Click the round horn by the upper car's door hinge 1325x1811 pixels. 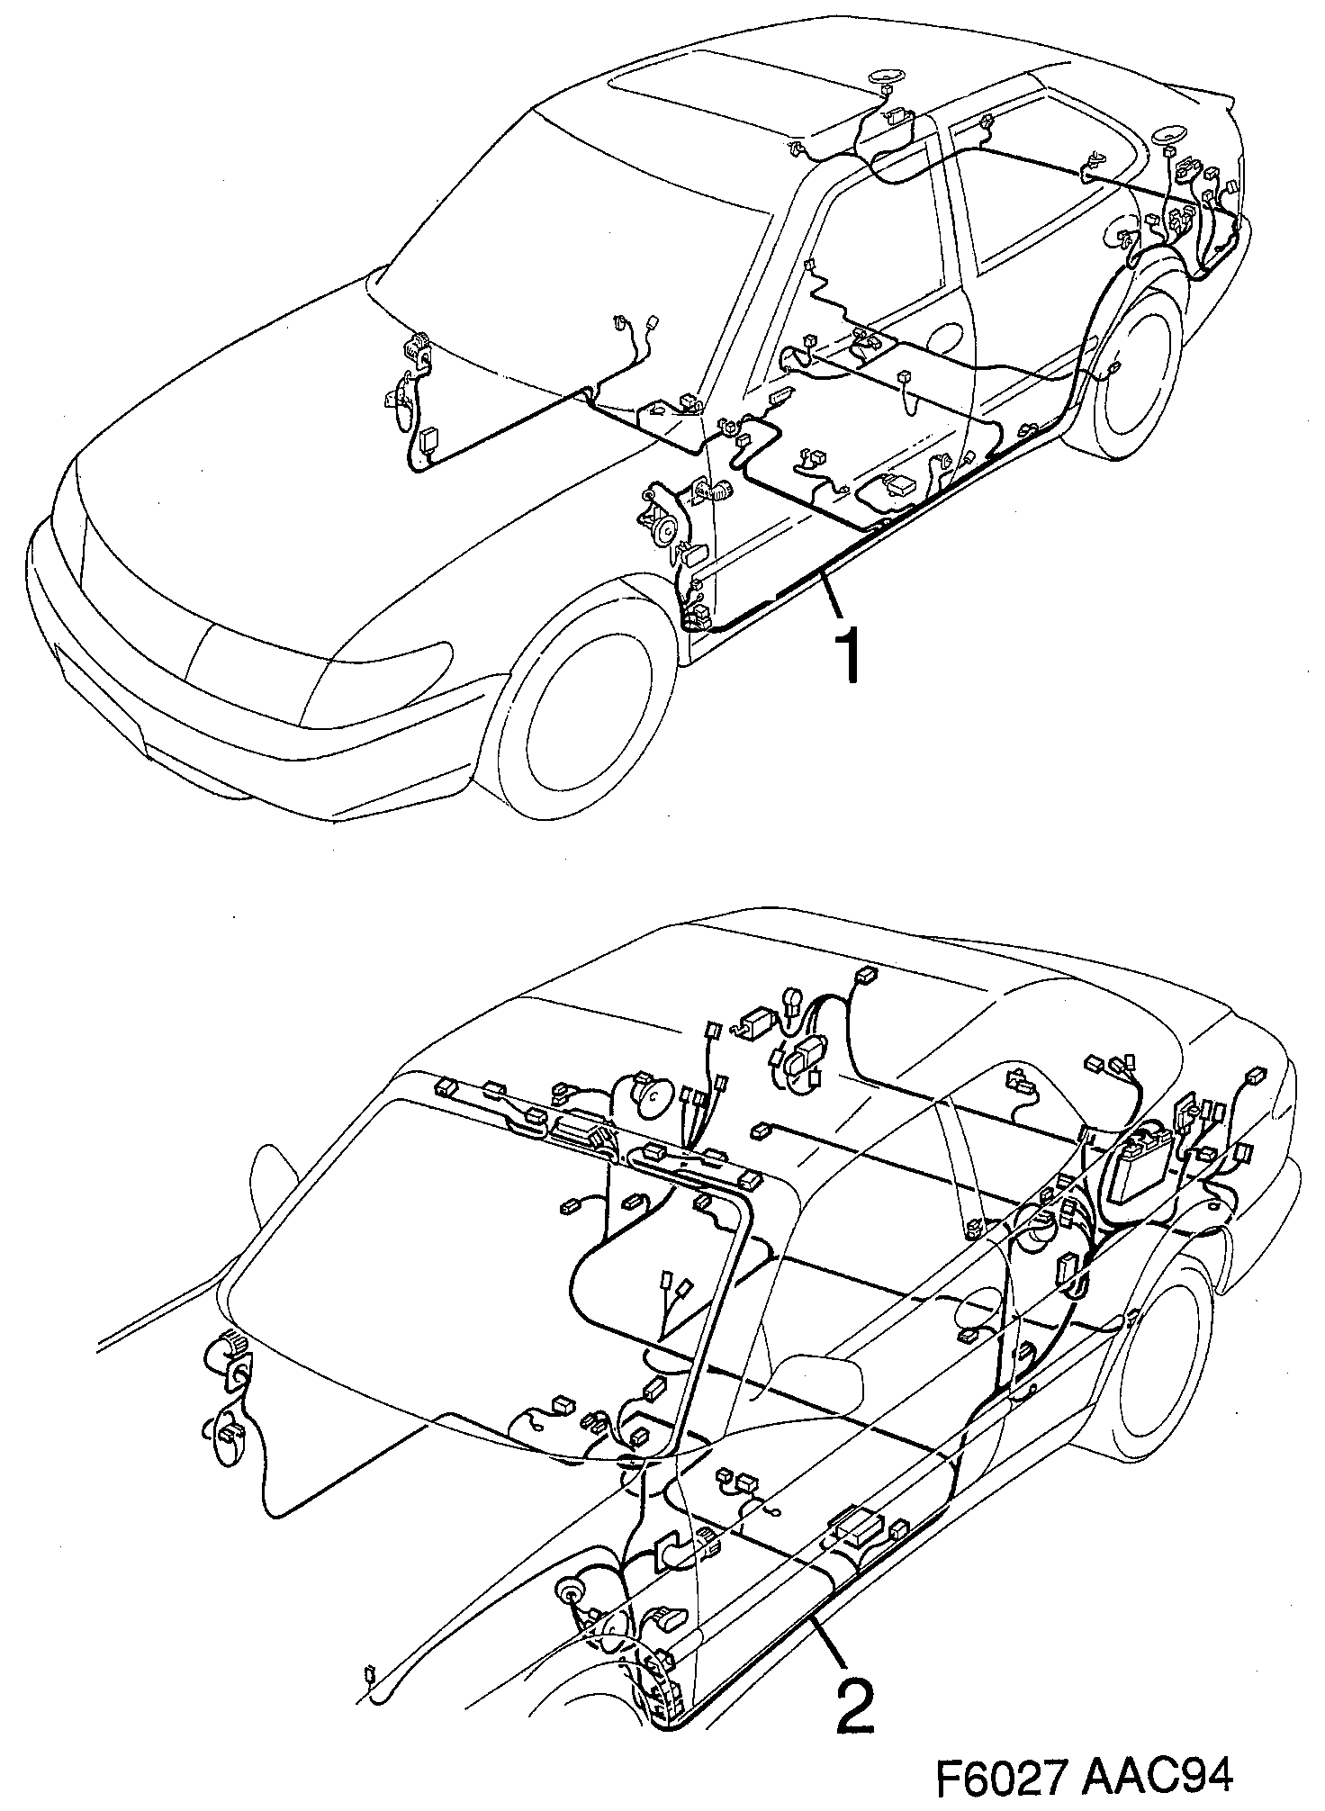(665, 530)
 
